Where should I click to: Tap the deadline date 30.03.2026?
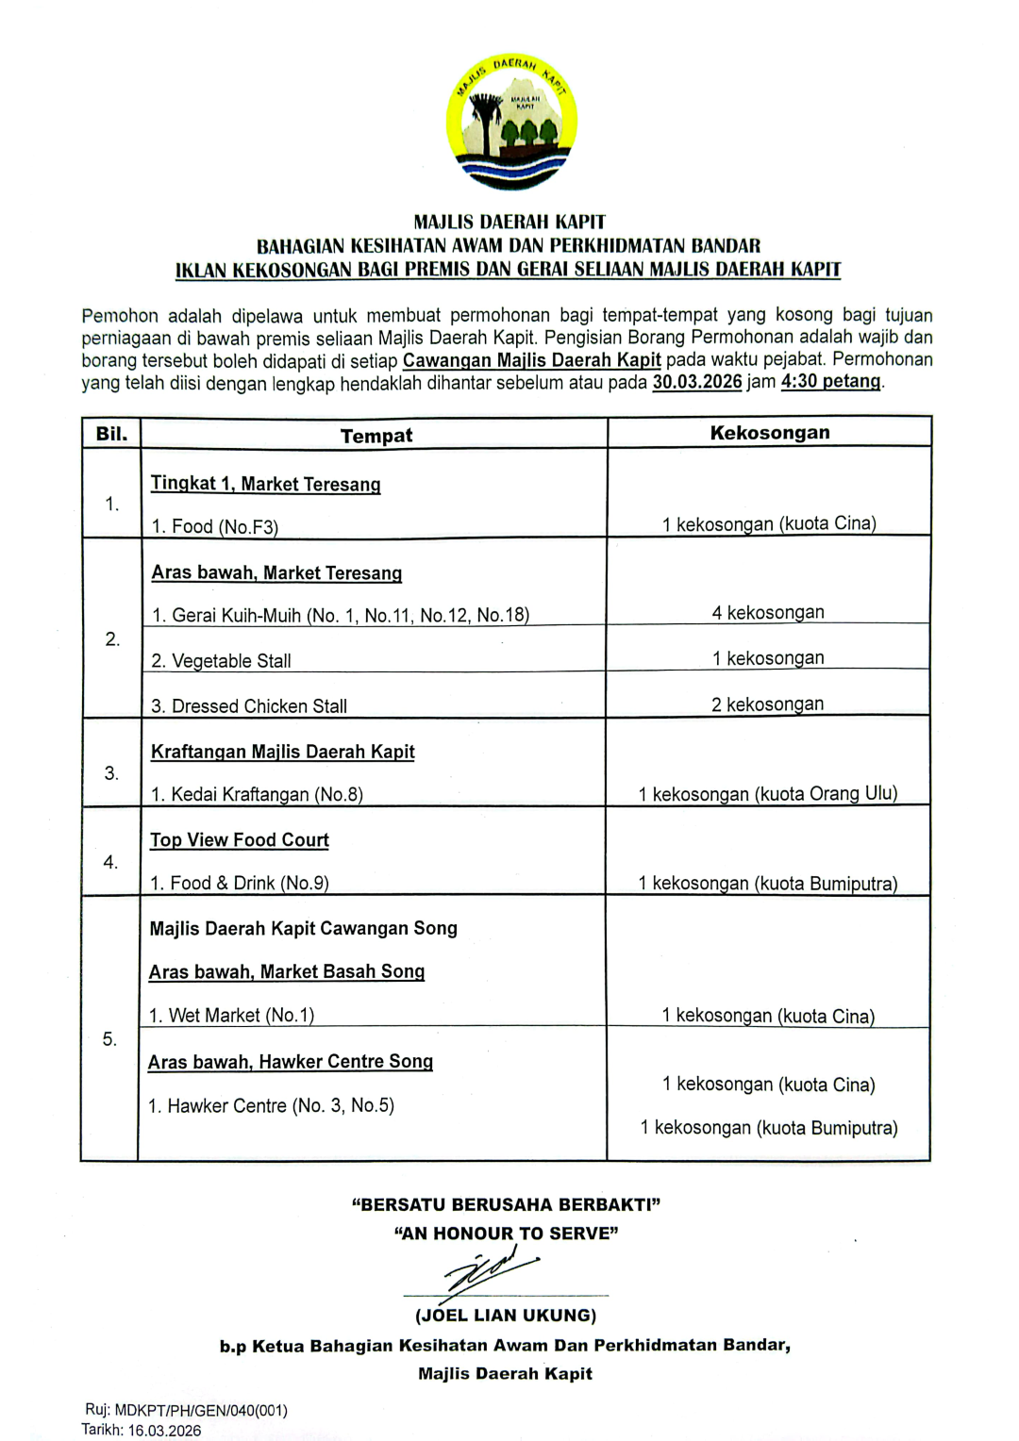tap(696, 382)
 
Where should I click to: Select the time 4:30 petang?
tap(830, 382)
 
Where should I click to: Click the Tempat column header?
tap(376, 436)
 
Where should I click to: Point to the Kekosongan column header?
tap(769, 433)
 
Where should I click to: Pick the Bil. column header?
tap(111, 434)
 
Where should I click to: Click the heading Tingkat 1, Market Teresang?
tap(265, 484)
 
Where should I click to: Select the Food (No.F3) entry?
tap(215, 526)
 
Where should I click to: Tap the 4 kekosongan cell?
tap(767, 613)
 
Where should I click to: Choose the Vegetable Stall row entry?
tap(221, 661)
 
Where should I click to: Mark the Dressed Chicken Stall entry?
tap(249, 706)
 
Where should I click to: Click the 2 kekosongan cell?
tap(767, 704)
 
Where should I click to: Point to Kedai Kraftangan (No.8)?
tap(257, 794)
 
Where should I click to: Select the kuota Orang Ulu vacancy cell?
tap(767, 794)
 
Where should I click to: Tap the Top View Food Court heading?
tap(240, 840)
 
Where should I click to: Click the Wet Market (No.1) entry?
tap(231, 1016)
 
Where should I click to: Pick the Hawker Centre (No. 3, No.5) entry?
tap(271, 1105)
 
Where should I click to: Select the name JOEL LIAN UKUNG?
tap(506, 1316)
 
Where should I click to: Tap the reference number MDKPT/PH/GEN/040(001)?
tap(201, 1411)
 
